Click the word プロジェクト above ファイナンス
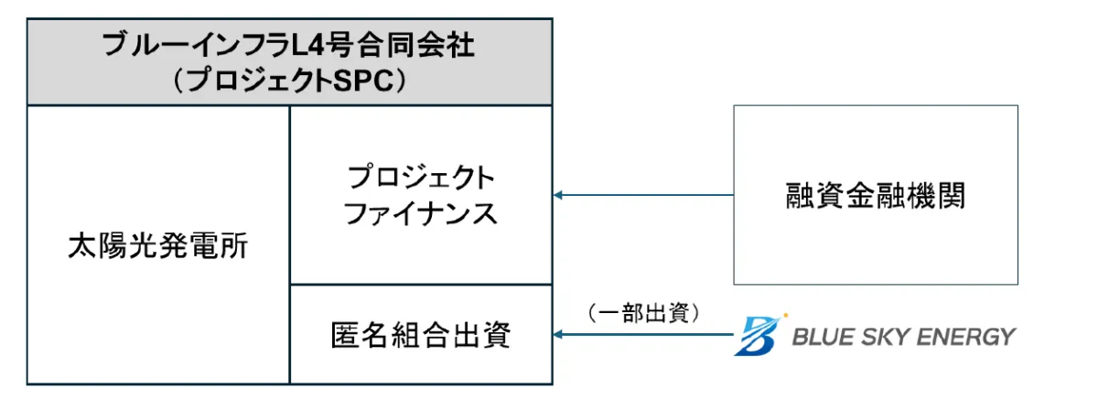[x=420, y=177]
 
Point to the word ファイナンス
[x=420, y=213]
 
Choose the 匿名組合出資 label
[x=420, y=336]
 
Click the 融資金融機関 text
[x=875, y=195]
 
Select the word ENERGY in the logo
[x=963, y=337]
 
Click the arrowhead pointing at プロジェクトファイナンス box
[x=559, y=195]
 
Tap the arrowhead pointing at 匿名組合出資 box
[x=559, y=335]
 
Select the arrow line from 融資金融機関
[x=650, y=195]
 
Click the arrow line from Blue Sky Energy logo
[x=650, y=335]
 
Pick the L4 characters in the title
[x=333, y=46]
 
